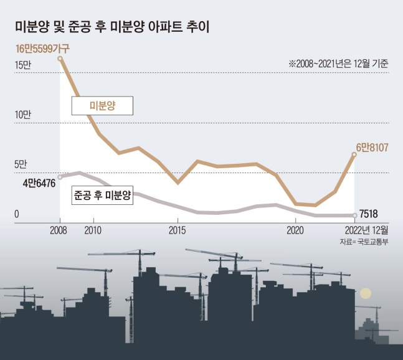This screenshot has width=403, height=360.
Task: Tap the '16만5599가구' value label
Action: point(43,48)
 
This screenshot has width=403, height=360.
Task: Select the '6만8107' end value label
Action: point(372,148)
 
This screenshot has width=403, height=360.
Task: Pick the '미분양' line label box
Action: point(102,107)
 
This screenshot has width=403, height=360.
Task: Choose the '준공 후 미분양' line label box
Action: point(102,195)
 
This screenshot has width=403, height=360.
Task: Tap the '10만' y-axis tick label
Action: point(22,115)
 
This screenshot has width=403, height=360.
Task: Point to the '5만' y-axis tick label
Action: point(19,165)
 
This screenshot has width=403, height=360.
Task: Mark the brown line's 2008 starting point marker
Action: point(60,59)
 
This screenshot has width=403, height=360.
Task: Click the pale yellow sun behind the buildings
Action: point(366,293)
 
